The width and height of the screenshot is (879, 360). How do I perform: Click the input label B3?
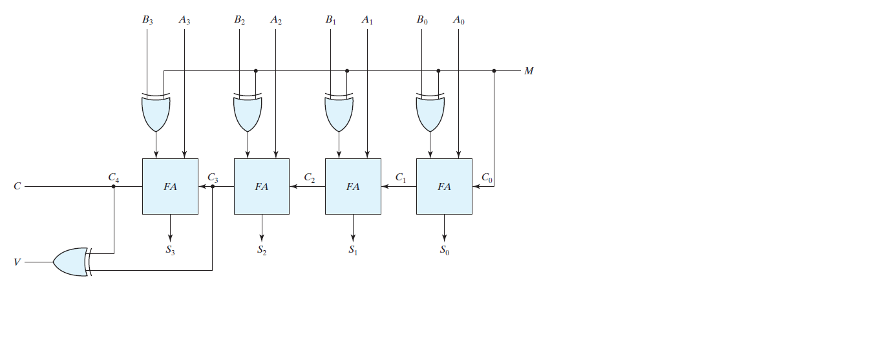pos(147,21)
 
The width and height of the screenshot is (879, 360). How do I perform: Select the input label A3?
pos(185,21)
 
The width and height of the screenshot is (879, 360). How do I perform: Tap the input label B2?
pos(240,21)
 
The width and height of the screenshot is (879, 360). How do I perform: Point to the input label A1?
pos(368,21)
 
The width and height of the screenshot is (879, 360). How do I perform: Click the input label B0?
pos(422,21)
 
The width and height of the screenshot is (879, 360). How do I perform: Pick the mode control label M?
pos(529,71)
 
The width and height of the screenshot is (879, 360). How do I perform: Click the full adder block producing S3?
pos(170,186)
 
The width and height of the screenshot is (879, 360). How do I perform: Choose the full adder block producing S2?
pos(262,186)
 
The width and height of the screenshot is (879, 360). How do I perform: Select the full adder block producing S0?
pos(444,186)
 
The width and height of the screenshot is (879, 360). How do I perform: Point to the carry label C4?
pos(114,176)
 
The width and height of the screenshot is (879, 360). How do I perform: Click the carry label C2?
pos(310,176)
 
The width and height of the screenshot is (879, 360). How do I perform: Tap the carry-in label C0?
pos(487,177)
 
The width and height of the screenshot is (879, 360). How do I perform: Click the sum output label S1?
pos(353,251)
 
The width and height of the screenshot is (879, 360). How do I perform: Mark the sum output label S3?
pos(170,251)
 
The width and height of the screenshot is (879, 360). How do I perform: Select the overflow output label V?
pos(17,262)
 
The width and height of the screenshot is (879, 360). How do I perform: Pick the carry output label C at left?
pos(17,186)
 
